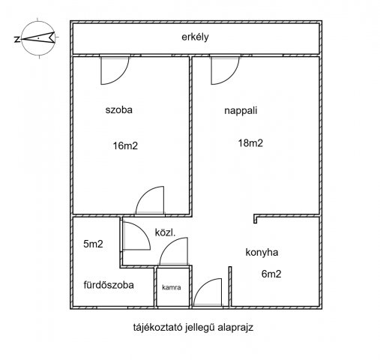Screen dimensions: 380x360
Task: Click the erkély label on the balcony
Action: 195,37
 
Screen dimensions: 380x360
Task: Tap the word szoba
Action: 118,110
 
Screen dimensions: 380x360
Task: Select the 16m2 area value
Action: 125,145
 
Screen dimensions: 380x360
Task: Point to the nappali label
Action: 241,111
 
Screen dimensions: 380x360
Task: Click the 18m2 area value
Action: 250,143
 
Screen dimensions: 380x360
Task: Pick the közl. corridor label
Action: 165,232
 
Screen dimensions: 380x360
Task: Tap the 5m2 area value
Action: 93,244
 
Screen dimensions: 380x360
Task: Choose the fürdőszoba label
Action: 109,285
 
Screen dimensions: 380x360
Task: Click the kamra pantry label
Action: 172,287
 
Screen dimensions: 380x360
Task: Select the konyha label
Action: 262,252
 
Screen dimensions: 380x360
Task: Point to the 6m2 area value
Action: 271,274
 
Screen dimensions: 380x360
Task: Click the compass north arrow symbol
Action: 40,38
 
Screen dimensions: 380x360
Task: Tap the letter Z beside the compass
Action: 17,39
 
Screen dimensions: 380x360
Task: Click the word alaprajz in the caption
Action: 235,328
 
